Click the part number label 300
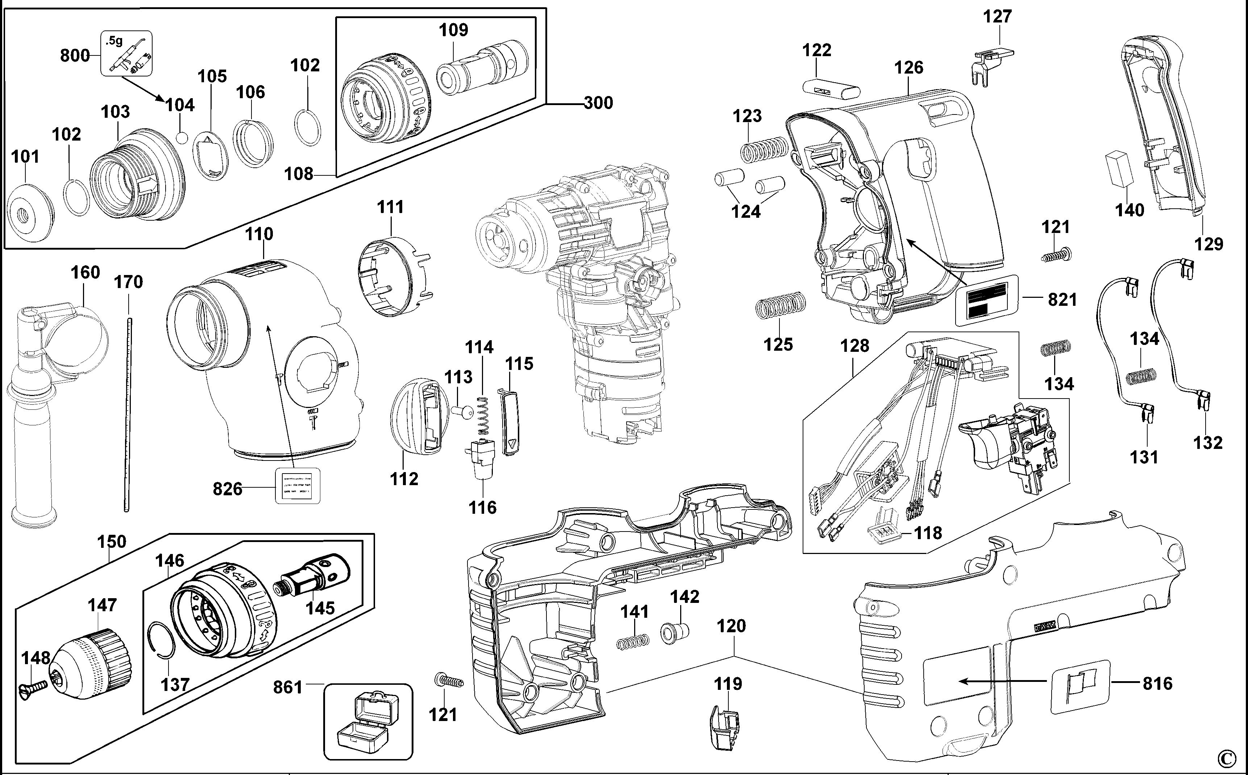click(598, 103)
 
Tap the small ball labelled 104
click(181, 137)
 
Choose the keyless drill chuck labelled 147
click(92, 659)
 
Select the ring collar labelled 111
click(394, 277)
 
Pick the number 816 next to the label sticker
click(1157, 684)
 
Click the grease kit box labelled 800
click(126, 53)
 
